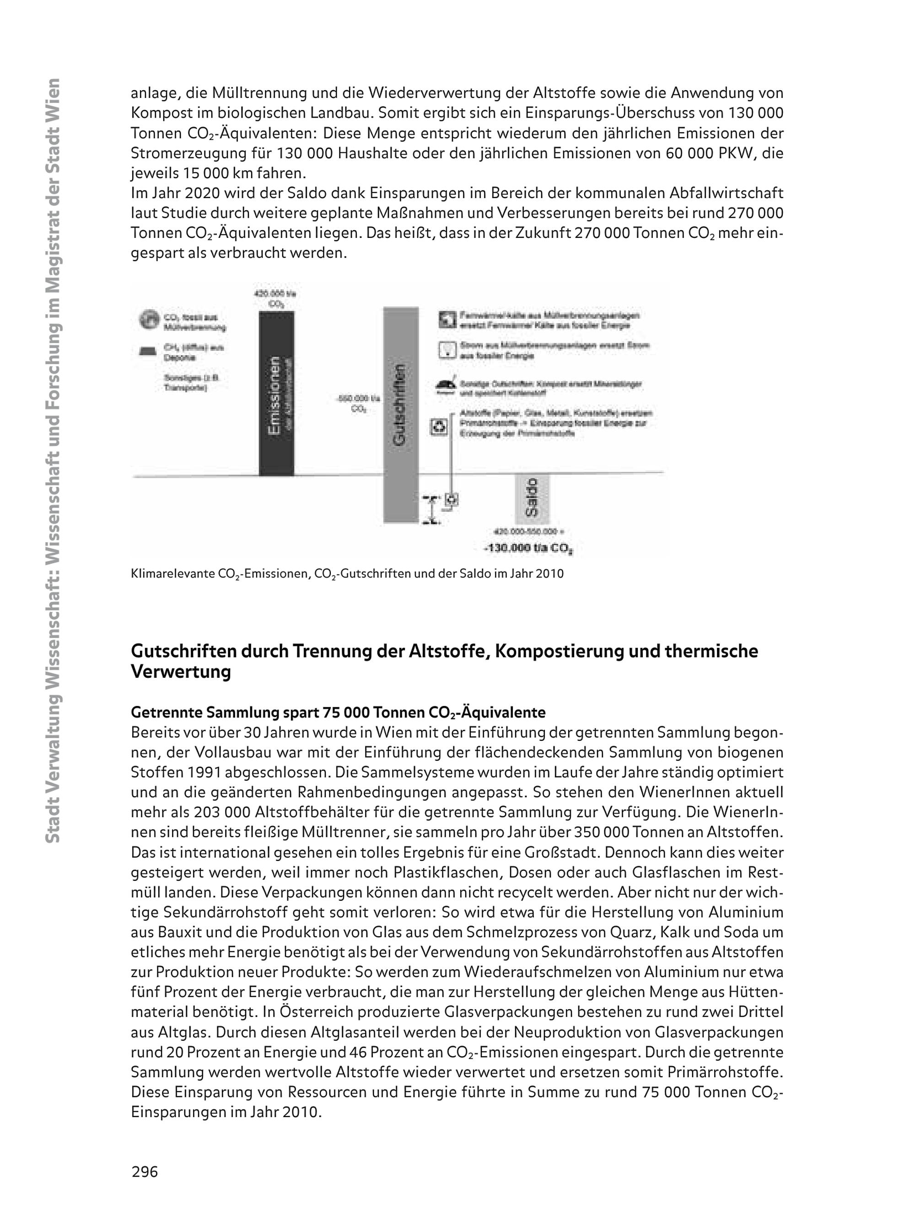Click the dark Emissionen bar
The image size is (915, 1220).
pyautogui.click(x=276, y=393)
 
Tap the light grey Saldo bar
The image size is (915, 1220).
pyautogui.click(x=532, y=499)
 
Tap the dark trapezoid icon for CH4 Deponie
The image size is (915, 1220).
pyautogui.click(x=148, y=352)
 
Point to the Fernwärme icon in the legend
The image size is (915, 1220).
pyautogui.click(x=445, y=319)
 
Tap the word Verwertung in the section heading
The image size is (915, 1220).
pyautogui.click(x=180, y=672)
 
